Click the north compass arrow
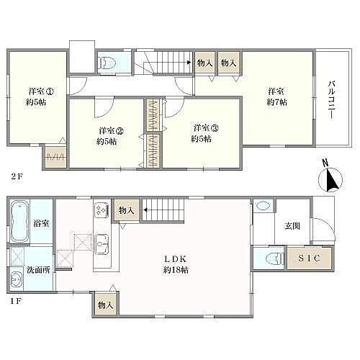click(x=333, y=178)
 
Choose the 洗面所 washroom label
click(x=39, y=271)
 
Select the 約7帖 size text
click(x=276, y=103)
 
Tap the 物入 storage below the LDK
click(x=105, y=305)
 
